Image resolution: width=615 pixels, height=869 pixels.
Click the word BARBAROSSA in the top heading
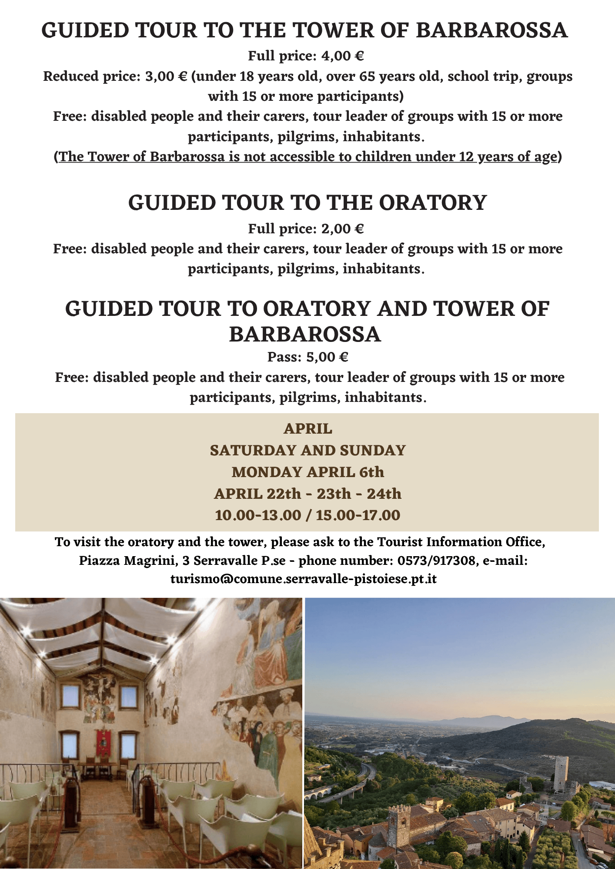[x=491, y=31]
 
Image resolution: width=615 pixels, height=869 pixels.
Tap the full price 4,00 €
[x=342, y=56]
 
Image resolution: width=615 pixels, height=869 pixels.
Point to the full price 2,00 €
[x=342, y=229]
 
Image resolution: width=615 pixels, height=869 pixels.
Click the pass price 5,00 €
[x=327, y=357]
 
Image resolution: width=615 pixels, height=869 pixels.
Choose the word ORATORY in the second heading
[x=433, y=203]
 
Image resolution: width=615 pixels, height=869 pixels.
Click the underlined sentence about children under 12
[x=307, y=156]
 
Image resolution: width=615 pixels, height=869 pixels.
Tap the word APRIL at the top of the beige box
[x=307, y=429]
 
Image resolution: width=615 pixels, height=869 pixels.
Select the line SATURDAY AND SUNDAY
[x=307, y=451]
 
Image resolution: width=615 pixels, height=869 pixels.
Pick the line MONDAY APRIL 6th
[x=307, y=472]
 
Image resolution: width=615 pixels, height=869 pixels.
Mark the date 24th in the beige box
[x=384, y=494]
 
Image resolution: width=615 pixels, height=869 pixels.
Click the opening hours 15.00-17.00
[x=358, y=515]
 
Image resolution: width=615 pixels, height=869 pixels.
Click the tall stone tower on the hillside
[x=561, y=773]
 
